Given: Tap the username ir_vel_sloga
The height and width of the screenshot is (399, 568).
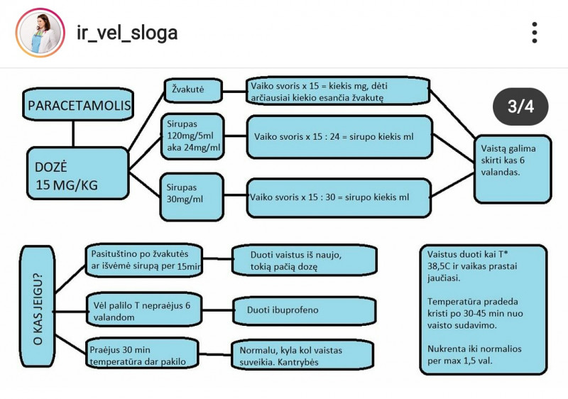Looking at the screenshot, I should coord(127,33).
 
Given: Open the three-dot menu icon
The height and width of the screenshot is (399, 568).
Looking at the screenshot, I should coord(535,33).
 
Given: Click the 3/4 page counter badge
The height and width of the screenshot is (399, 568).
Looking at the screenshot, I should coord(520,106).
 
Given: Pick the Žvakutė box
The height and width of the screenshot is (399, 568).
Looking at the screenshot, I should coord(193,90).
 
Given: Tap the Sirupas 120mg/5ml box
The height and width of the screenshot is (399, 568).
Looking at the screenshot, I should coord(193,136).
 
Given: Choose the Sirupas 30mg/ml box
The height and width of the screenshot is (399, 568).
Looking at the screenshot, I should coord(193,194).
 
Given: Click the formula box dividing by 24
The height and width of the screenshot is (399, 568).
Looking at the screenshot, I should coord(339,136).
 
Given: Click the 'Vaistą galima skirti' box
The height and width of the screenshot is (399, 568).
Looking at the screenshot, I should coord(513,169).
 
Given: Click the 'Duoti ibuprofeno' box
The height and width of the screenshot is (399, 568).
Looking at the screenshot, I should coord(303,310).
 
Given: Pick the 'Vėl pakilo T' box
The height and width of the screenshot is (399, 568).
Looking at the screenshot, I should coord(143,310).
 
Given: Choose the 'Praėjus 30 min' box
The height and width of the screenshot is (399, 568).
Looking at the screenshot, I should coord(143,356).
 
